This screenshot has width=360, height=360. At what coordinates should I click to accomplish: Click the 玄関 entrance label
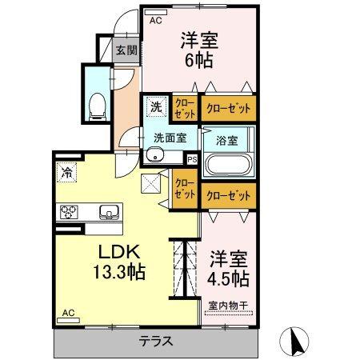tap(126, 50)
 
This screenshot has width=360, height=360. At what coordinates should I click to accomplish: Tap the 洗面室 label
tap(170, 137)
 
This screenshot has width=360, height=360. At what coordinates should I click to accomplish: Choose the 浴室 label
tap(226, 139)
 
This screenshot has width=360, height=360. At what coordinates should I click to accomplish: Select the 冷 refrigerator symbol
tap(65, 171)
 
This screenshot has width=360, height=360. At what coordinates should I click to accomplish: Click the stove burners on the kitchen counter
tap(70, 212)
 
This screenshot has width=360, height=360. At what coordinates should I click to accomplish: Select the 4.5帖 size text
tap(229, 279)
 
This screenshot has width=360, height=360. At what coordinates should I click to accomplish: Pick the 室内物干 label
tap(228, 305)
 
